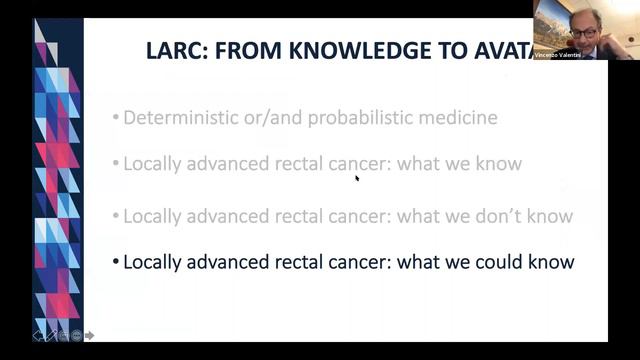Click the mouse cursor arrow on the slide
pos(357,178)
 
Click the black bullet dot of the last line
pos(116,263)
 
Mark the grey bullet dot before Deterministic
pos(116,118)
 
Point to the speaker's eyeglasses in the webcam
pos(585,31)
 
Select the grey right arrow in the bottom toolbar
pos(90,335)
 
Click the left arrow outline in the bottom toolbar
pos(40,335)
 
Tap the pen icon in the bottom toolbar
pos(52,335)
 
